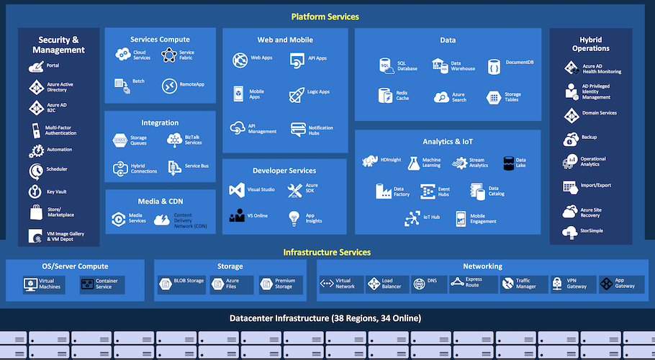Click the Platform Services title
coord(325,17)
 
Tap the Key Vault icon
coord(36,192)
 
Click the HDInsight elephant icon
coord(371,161)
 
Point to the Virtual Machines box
coord(43,284)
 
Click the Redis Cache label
coord(402,95)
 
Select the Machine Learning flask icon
coord(413,163)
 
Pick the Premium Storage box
coord(277,284)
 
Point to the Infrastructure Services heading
coord(327,252)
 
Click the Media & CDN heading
coord(160,202)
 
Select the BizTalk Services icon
coord(174,140)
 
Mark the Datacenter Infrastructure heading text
coord(325,318)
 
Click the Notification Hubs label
coord(320,130)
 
